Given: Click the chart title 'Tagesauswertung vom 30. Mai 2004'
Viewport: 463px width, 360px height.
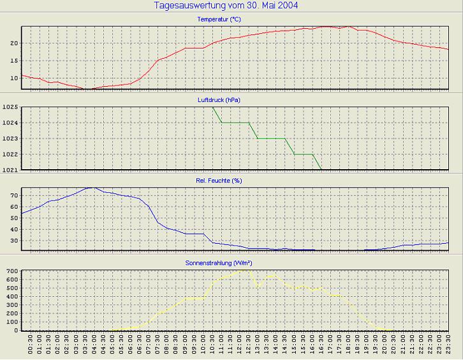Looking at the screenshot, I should tap(226, 6).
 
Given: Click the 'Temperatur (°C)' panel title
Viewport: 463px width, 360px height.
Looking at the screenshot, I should tap(219, 20).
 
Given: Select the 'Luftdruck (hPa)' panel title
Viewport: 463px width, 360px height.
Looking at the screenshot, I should tap(219, 100).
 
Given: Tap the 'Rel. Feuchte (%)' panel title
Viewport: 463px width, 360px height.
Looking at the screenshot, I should tap(219, 181).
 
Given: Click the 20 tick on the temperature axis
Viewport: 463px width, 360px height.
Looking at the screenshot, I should tap(13, 43).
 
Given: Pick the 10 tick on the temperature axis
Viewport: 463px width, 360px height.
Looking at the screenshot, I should tap(13, 78).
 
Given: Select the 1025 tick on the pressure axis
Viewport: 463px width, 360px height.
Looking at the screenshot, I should tap(10, 107).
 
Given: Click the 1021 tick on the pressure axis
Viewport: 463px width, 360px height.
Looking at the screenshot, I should tap(10, 170).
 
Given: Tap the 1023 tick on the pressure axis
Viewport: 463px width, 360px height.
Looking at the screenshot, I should tap(10, 139).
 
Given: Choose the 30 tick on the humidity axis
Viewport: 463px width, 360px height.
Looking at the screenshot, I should tap(13, 240).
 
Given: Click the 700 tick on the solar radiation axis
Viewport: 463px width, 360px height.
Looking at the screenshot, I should tap(11, 271).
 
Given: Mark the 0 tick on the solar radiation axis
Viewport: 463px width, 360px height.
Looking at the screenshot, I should tap(16, 330).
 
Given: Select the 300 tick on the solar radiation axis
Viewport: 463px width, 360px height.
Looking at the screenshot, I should tap(11, 305).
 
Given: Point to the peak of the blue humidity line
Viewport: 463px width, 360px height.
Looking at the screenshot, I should tap(94, 188).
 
